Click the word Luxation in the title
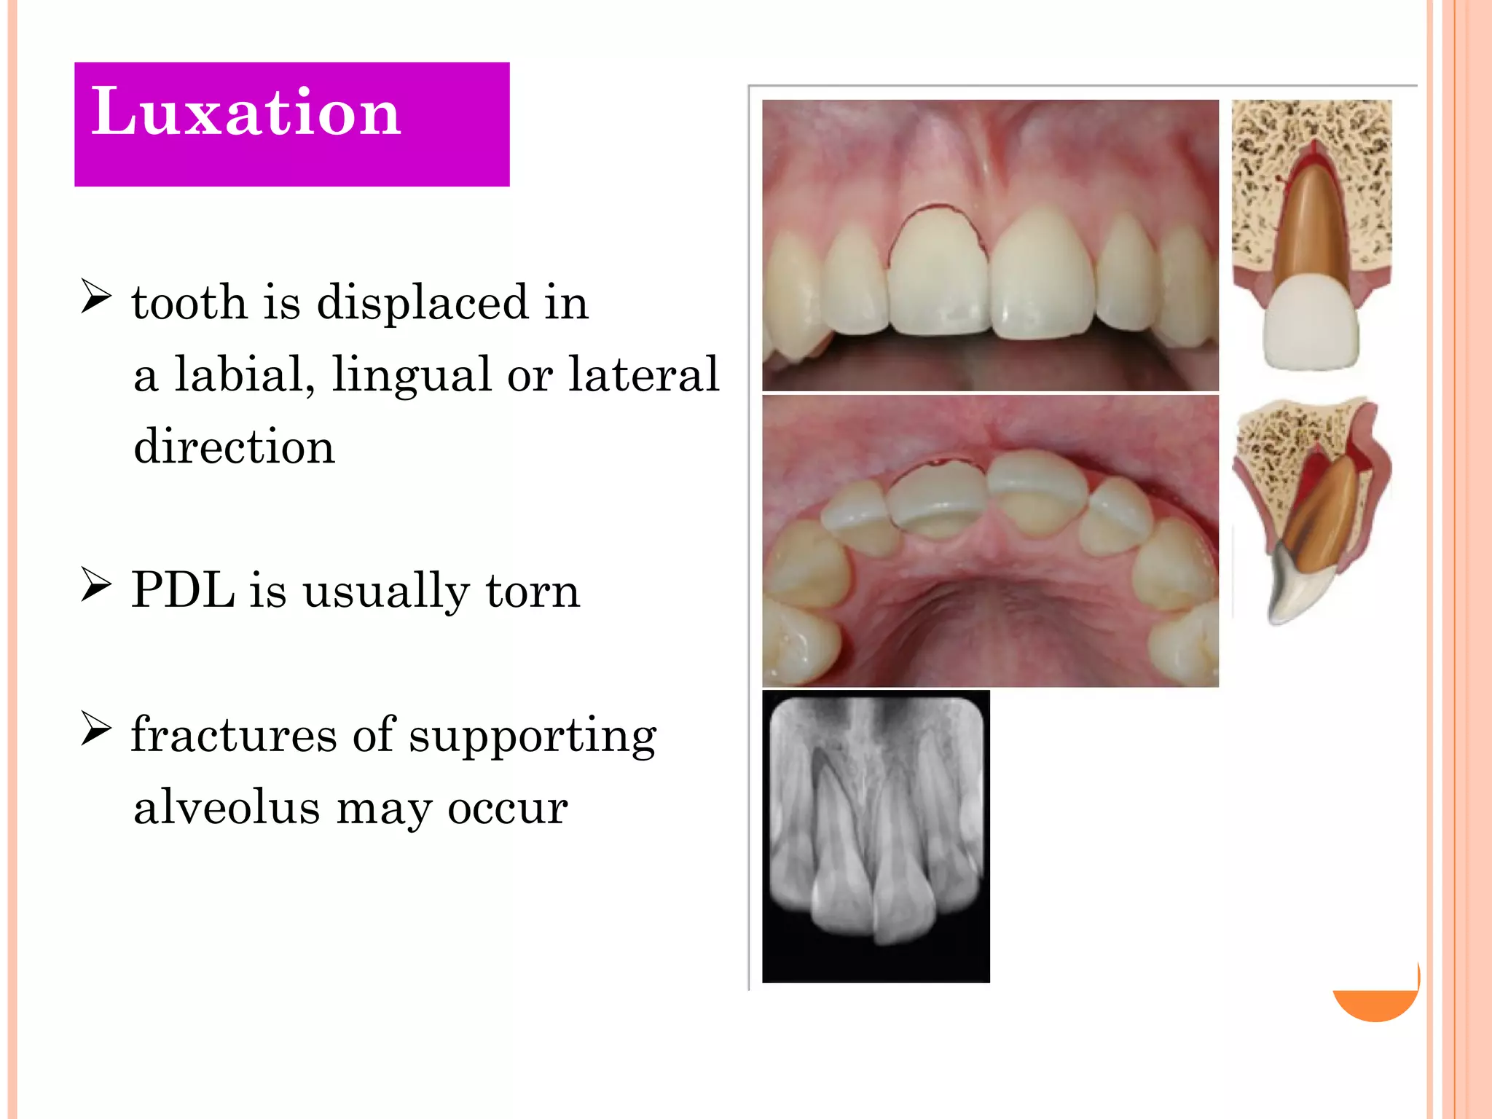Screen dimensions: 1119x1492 click(246, 113)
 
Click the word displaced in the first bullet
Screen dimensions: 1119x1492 click(422, 302)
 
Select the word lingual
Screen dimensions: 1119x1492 click(412, 374)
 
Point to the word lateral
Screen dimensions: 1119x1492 click(643, 374)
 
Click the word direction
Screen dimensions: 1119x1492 click(234, 446)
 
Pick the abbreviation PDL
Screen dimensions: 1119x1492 click(183, 589)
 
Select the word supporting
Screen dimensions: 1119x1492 click(533, 736)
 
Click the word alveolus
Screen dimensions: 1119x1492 click(227, 807)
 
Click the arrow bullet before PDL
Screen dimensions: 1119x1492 click(96, 585)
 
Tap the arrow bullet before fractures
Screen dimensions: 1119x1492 click(96, 729)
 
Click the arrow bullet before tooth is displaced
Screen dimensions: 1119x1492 click(96, 297)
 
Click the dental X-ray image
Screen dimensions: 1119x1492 click(876, 836)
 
